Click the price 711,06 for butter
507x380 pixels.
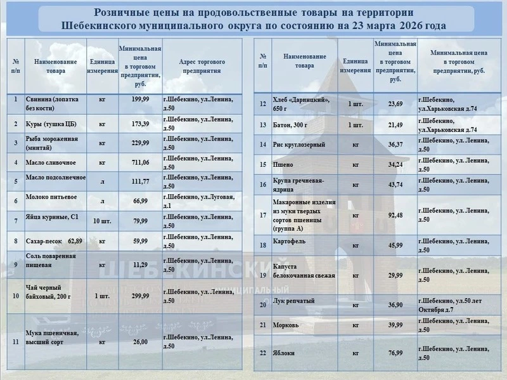coord(140,162)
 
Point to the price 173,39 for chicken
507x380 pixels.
coord(140,123)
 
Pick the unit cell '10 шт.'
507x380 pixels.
coord(101,221)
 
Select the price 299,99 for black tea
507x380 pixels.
coord(140,296)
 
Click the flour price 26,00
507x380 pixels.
coord(140,342)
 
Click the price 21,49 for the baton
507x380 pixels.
coord(395,124)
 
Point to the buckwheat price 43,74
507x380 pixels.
coord(395,185)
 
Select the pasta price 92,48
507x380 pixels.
coord(395,215)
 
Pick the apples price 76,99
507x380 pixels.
coord(395,352)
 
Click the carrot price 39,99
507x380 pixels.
coord(395,325)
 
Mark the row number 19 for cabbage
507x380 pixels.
coord(263,275)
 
